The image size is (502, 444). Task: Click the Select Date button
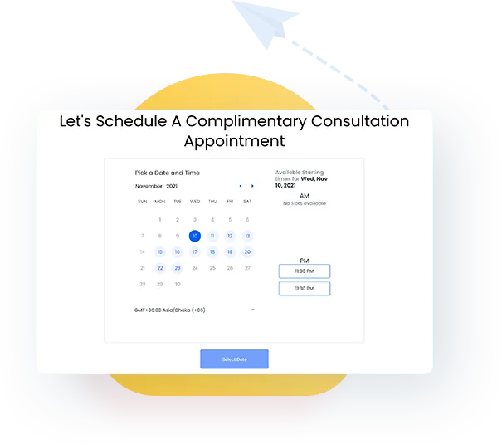coord(234,359)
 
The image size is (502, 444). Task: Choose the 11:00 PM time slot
coord(304,271)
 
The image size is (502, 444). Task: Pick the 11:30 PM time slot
coord(304,289)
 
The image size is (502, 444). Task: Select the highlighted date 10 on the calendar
coord(195,236)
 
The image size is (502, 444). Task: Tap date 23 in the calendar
coord(177,268)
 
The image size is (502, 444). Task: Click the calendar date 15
coord(159,252)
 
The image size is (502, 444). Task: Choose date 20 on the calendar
coord(247,252)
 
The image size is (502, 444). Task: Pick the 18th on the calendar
coord(212,252)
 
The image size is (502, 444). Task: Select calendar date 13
coord(247,236)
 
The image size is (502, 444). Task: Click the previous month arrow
coord(241,186)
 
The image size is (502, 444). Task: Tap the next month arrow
coord(252,186)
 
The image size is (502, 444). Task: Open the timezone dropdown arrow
coord(252,310)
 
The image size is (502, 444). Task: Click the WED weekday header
coord(195,202)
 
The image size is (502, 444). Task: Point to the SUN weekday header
coord(142,202)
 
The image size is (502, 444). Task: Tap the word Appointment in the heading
coord(234,141)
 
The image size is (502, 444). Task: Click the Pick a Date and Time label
coord(167,173)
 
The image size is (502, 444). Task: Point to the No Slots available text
coord(304,203)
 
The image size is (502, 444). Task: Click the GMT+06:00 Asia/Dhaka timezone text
coord(169,310)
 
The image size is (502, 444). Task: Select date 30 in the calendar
coord(177,284)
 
